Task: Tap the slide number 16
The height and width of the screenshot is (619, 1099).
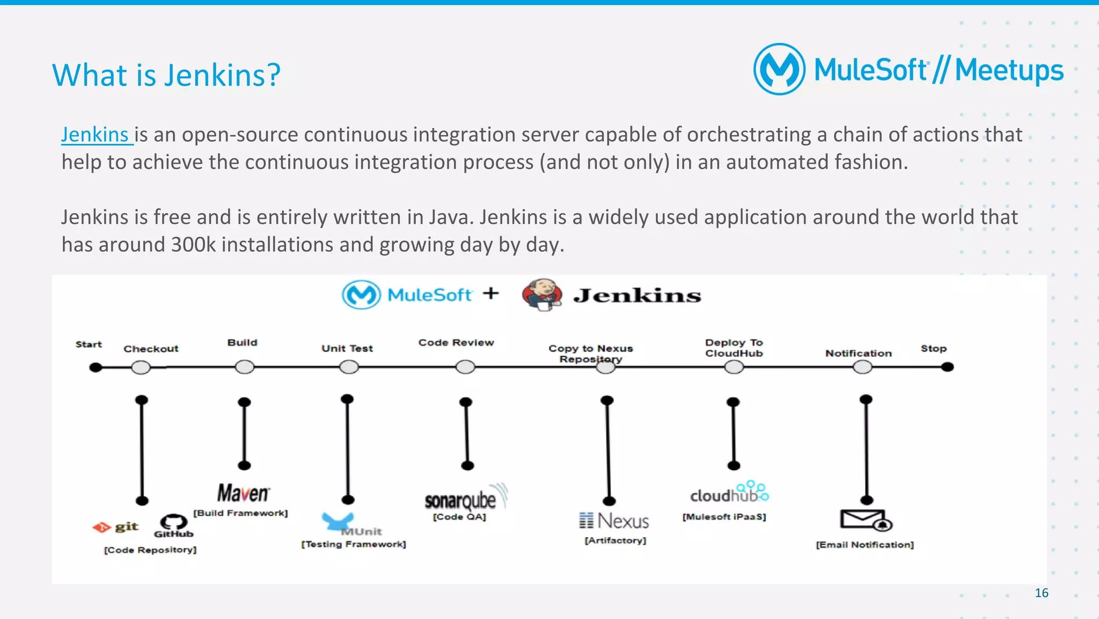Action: click(x=1041, y=593)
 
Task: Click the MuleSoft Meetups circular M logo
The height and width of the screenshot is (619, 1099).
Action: click(x=779, y=70)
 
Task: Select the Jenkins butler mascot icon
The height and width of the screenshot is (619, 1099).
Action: click(x=542, y=294)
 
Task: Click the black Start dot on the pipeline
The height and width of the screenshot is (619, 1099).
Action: click(x=96, y=367)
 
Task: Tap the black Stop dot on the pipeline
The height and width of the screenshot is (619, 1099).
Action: click(x=947, y=367)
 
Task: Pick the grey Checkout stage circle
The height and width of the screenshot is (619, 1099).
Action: click(x=141, y=367)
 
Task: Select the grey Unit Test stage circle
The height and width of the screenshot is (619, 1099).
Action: click(x=349, y=367)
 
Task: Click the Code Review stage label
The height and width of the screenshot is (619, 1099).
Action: click(x=456, y=343)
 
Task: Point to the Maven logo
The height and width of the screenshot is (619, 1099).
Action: click(x=243, y=493)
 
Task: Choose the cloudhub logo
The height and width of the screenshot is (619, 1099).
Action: click(x=728, y=493)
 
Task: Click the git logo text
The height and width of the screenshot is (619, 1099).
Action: click(x=126, y=527)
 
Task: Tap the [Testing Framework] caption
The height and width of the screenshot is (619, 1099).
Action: click(x=353, y=544)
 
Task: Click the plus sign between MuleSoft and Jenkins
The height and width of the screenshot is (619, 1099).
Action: click(x=490, y=293)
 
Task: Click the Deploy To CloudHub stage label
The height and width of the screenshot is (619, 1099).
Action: click(x=734, y=348)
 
